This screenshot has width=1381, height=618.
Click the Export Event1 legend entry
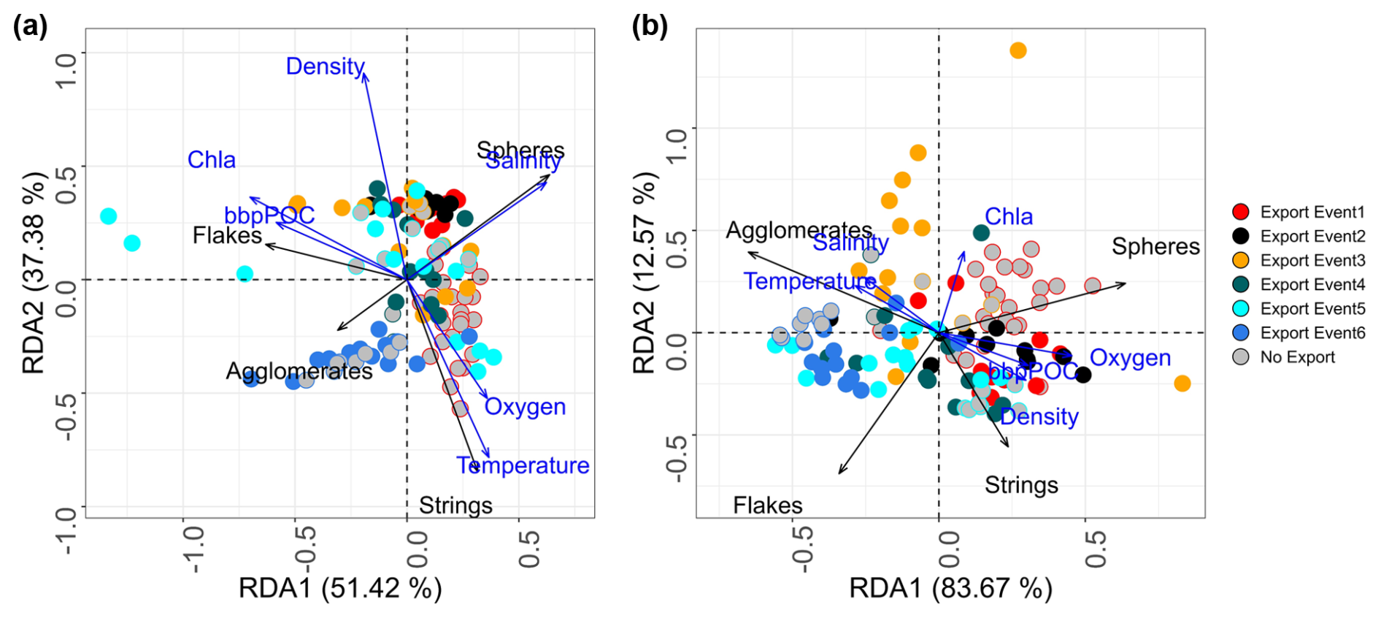(x=1312, y=212)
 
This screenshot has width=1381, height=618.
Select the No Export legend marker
(x=1240, y=357)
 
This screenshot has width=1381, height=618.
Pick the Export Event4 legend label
(x=1312, y=284)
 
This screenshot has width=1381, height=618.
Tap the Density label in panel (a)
(x=325, y=66)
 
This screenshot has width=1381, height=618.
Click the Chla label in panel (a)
(x=211, y=160)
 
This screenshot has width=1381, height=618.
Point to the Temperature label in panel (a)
(x=523, y=465)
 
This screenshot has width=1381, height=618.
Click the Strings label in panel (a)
(x=455, y=506)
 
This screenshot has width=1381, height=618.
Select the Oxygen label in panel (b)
(x=1130, y=358)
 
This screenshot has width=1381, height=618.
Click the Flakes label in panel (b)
(x=767, y=506)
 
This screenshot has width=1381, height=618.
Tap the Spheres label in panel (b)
(x=1155, y=247)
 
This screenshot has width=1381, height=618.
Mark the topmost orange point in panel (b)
(x=1018, y=50)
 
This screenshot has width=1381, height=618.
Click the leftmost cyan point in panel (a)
(x=108, y=216)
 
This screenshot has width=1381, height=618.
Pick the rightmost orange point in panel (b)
(x=1182, y=384)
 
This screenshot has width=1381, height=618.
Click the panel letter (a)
(x=31, y=27)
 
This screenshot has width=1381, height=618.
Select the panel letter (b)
(x=650, y=27)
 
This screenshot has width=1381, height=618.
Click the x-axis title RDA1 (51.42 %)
(x=340, y=588)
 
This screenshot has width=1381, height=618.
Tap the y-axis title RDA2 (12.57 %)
(x=644, y=274)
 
